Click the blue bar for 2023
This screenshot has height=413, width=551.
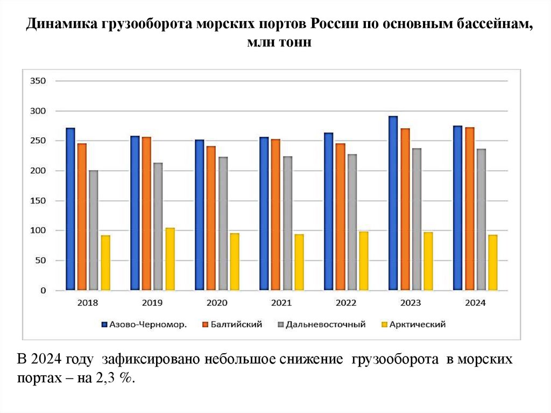tap(393, 204)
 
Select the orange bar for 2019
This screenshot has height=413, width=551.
tap(146, 214)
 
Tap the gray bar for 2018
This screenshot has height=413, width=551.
tap(94, 230)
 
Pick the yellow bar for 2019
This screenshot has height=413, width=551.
tap(170, 259)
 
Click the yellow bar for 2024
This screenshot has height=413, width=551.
tap(493, 262)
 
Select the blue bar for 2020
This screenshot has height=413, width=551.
tap(200, 215)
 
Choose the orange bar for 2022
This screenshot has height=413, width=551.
tap(341, 217)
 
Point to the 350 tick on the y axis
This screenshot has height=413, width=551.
tap(41, 81)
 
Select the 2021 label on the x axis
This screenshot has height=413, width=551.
tap(281, 303)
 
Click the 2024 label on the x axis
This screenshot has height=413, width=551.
tap(475, 303)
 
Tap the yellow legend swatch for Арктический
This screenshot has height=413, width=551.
tap(384, 324)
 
